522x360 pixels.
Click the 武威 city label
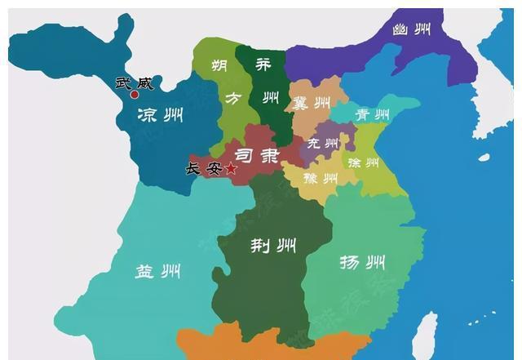click(134, 82)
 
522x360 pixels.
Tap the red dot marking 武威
click(135, 95)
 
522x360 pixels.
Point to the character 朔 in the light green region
click(219, 65)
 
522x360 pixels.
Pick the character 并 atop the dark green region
click(263, 65)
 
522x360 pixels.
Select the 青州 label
click(371, 114)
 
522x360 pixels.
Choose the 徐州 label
click(363, 162)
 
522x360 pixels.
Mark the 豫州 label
click(321, 177)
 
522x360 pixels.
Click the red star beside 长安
click(231, 168)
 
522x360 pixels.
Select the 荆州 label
click(272, 245)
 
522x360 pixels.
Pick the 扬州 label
click(362, 262)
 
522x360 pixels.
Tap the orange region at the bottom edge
click(245, 347)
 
